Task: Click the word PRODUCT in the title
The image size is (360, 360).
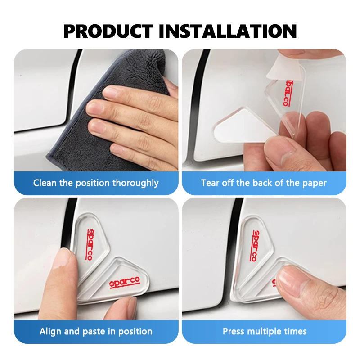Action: (108, 31)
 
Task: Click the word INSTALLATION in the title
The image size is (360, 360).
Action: (228, 31)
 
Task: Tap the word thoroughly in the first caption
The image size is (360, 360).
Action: (135, 183)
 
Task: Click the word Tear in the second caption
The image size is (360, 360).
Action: (210, 183)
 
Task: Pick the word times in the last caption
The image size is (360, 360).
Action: (296, 332)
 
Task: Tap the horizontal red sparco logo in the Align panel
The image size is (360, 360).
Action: (125, 283)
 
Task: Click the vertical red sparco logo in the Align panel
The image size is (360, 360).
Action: (91, 244)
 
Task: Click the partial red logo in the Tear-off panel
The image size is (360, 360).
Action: (286, 93)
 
